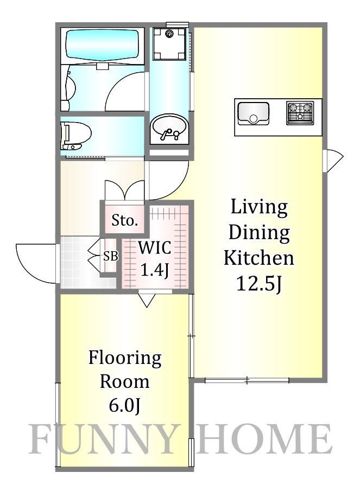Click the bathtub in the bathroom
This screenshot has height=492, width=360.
pos(103,45)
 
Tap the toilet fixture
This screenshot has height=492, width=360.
pos(75,136)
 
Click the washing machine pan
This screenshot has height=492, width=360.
pos(169,43)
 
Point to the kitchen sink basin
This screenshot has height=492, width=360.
pos(253,113)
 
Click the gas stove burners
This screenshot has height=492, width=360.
pos(300,113)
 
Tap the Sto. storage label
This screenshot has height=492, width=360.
pos(125,221)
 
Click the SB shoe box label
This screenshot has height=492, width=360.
pos(111,257)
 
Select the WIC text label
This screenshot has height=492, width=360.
pos(155,248)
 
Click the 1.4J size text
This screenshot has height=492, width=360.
pos(155,270)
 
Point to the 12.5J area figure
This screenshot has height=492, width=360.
pos(259,283)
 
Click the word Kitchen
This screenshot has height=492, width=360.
pos(259,258)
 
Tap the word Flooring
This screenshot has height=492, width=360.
pos(125,359)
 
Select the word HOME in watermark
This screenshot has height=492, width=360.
pos(264,438)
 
